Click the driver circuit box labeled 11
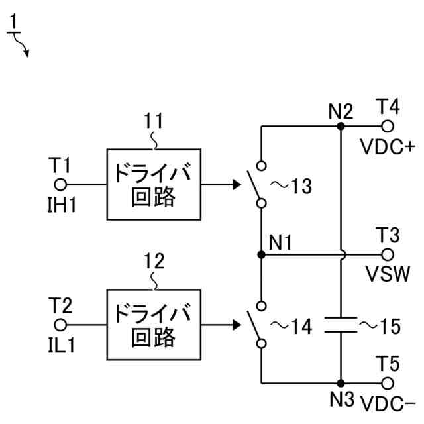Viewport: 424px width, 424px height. (x=154, y=184)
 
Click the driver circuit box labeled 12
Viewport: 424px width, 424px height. (x=154, y=325)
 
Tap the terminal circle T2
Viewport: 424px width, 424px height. (x=61, y=325)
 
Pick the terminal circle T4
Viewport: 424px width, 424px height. (x=388, y=125)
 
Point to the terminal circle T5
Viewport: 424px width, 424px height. (x=388, y=383)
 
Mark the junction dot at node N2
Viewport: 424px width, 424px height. (x=340, y=125)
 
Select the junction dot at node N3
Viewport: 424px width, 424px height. (x=340, y=383)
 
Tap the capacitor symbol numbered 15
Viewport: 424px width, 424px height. (x=340, y=325)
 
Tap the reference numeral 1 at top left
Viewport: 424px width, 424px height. (x=15, y=25)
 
